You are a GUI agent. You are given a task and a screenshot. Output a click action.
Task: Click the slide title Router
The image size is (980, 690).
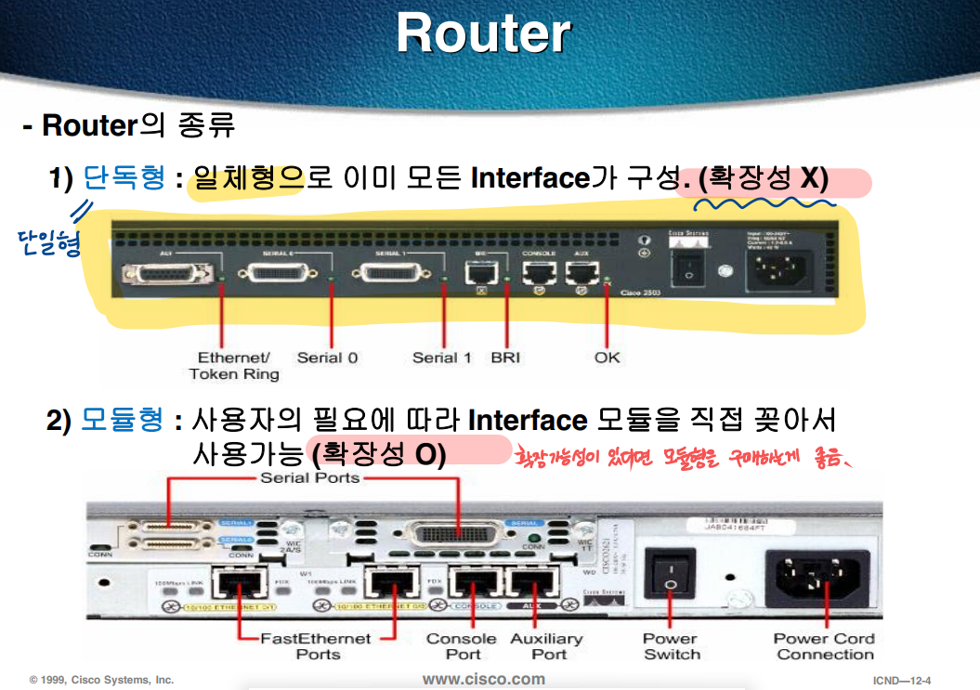483,33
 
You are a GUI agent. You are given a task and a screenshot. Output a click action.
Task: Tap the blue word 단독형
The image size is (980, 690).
124,176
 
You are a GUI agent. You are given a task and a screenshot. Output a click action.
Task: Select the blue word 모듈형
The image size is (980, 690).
124,421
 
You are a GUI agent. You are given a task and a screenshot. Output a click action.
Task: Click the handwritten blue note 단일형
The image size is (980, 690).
48,242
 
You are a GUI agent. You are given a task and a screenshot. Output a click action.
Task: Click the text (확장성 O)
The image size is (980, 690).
379,454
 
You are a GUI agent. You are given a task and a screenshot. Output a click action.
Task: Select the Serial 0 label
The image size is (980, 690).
328,358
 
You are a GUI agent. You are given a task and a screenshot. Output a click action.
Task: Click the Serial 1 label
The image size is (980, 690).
442,358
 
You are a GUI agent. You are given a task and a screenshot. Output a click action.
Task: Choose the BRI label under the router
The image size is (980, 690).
506,358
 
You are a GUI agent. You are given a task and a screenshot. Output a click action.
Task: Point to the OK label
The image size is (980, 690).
608,358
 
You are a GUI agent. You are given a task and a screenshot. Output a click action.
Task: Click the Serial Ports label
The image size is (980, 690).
310,478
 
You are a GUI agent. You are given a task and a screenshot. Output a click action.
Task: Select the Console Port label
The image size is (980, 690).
461,646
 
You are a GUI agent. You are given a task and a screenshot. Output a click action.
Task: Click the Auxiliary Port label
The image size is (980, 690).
546,646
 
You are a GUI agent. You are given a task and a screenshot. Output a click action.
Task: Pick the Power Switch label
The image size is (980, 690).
671,646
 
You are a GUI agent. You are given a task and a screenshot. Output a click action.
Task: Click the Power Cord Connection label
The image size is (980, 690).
825,646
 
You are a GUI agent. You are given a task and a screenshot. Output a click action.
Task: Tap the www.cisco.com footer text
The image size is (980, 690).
483,679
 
